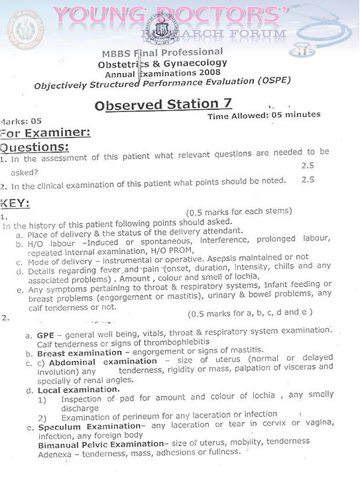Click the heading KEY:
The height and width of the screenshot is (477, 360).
coord(15,203)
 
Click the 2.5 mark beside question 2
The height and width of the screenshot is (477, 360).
coord(307,180)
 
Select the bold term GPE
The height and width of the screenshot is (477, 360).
coord(45,335)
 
